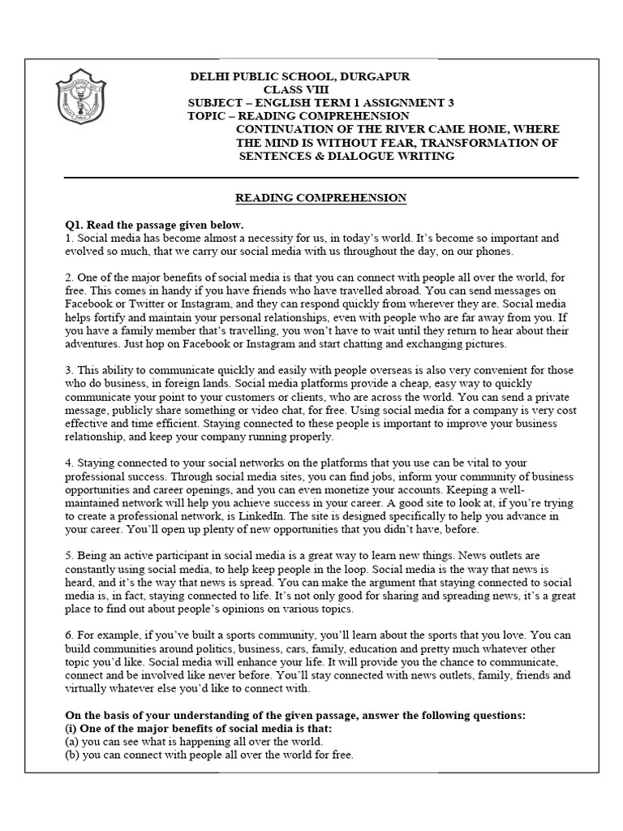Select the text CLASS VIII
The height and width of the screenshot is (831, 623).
pyautogui.click(x=296, y=89)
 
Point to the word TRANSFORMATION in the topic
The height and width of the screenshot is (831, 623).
pyautogui.click(x=445, y=143)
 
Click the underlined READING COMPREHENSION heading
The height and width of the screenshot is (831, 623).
pyautogui.click(x=320, y=197)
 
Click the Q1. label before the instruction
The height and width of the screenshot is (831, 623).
pyautogui.click(x=75, y=225)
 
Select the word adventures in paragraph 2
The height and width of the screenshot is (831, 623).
pyautogui.click(x=95, y=344)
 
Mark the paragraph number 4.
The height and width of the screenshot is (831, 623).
pyautogui.click(x=69, y=463)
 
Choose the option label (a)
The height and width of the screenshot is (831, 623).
pyautogui.click(x=71, y=742)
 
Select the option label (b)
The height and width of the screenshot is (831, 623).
pyautogui.click(x=71, y=756)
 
